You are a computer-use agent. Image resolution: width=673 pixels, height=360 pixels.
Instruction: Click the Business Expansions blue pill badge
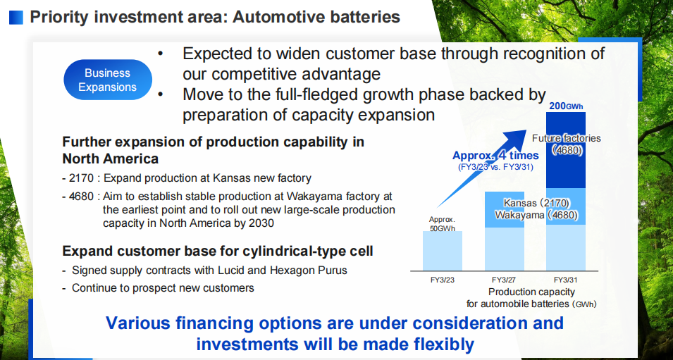click(108, 80)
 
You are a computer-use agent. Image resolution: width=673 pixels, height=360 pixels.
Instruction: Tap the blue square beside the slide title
click(16, 18)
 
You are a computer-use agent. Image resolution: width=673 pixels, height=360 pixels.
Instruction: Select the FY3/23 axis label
click(443, 280)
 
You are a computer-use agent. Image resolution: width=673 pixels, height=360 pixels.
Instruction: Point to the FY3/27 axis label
click(504, 280)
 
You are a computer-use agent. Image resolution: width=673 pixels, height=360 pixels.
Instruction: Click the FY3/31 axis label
click(565, 280)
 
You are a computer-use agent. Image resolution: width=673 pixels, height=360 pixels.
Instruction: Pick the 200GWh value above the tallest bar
click(566, 106)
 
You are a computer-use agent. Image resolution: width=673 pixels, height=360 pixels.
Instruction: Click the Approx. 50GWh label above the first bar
click(442, 224)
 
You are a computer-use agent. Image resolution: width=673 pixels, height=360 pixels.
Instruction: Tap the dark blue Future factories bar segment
click(566, 150)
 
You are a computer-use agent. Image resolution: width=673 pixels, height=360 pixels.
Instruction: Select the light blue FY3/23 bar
click(443, 251)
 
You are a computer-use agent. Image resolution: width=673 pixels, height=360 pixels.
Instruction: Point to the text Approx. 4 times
click(495, 155)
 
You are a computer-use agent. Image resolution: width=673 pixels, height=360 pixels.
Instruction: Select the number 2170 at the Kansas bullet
click(81, 178)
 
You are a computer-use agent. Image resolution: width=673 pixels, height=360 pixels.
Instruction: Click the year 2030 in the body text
click(261, 223)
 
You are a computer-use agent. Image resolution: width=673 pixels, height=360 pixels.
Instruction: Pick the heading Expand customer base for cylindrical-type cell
click(218, 251)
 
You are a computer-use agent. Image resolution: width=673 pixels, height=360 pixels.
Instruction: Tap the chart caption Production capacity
click(531, 292)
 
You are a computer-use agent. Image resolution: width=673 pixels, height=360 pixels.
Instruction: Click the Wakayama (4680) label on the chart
click(536, 215)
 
